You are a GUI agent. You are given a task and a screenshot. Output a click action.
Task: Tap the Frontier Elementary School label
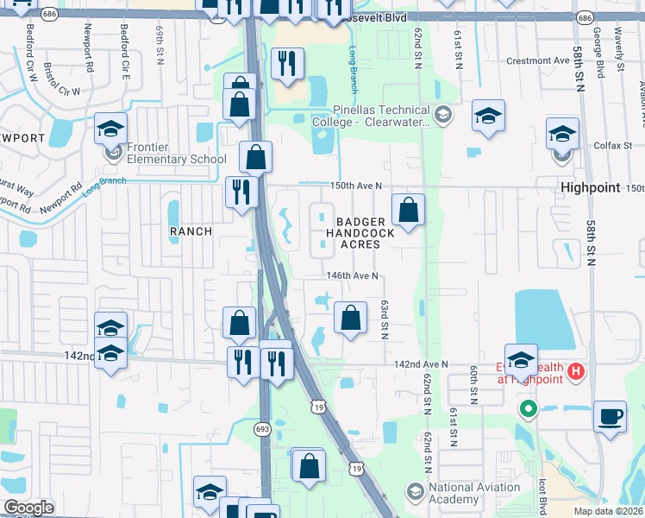176,153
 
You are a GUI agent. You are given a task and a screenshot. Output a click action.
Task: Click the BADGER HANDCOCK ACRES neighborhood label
360,233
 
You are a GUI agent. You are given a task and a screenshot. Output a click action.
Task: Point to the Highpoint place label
591,187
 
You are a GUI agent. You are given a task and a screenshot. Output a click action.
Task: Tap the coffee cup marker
611,417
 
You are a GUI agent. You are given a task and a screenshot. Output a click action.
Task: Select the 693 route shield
263,429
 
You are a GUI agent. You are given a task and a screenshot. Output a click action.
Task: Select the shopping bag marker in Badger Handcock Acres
407,210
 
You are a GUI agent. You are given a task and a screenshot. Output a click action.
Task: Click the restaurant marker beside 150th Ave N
240,192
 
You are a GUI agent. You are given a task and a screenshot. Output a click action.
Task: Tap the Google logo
28,508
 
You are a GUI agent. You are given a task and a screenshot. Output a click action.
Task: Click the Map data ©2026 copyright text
607,511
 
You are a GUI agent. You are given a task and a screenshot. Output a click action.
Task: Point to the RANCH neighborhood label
191,231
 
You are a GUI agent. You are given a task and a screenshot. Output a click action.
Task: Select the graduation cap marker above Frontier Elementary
110,129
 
